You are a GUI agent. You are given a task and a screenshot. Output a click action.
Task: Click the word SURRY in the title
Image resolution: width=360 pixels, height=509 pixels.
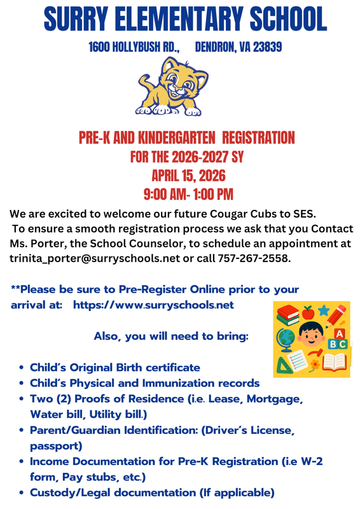click(81, 20)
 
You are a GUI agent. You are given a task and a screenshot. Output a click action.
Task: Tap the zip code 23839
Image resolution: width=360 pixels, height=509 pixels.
click(264, 47)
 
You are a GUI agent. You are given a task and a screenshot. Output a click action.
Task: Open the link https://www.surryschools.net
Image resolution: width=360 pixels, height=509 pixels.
click(154, 305)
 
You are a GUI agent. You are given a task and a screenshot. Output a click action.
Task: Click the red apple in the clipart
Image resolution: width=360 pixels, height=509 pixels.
click(308, 312)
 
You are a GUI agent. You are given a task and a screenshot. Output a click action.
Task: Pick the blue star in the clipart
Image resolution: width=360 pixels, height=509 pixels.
click(324, 312)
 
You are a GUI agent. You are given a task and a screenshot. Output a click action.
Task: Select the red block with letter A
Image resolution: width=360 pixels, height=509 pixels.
click(340, 333)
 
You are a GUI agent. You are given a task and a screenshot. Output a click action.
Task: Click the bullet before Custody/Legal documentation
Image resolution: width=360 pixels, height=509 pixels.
click(23, 493)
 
